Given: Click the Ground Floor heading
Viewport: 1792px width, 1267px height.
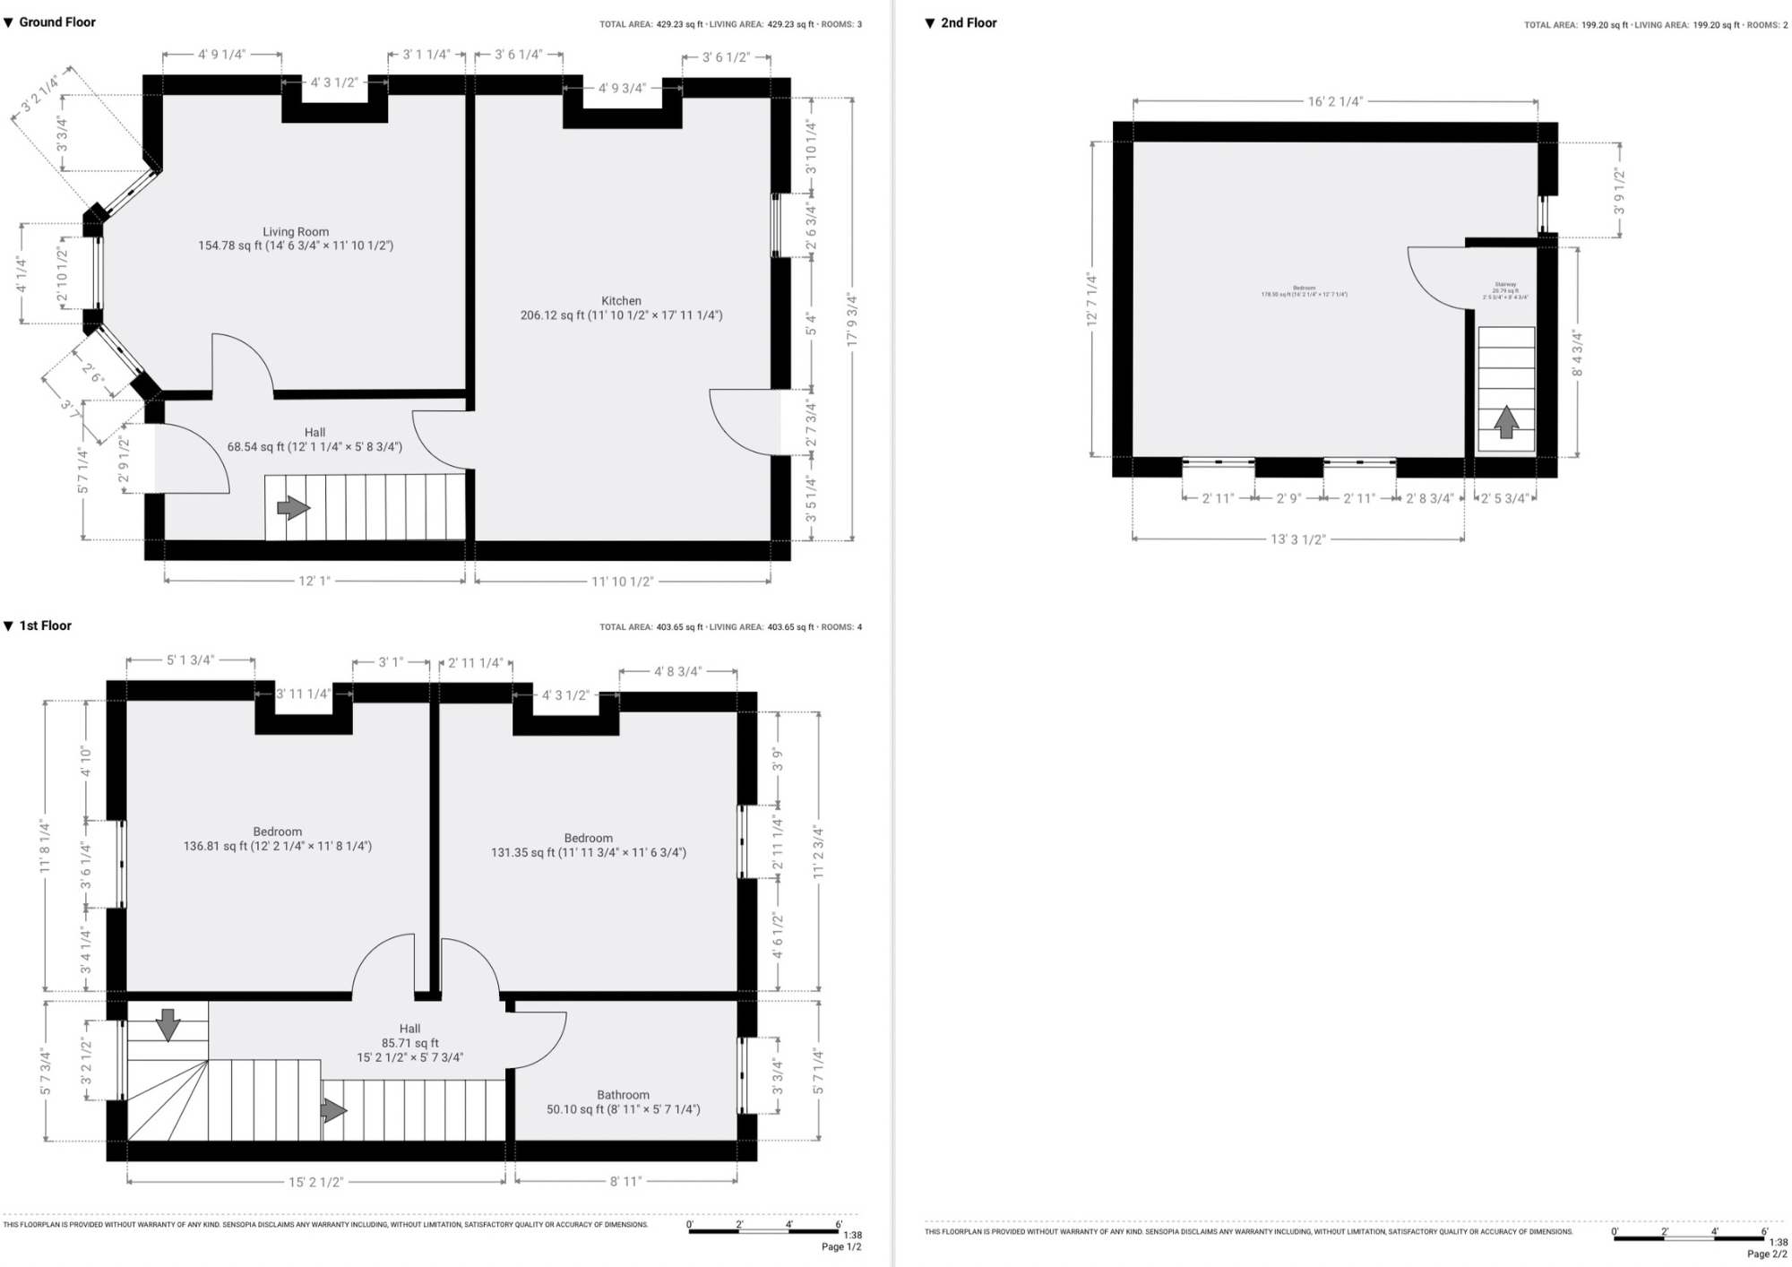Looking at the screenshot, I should click(56, 22).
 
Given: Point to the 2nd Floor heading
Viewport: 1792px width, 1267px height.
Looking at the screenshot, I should click(968, 22).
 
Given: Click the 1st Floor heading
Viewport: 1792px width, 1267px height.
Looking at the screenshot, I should click(45, 625).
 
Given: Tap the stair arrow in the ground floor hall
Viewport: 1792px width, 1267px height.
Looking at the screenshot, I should click(293, 508).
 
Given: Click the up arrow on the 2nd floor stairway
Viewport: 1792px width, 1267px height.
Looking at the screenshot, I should click(1506, 422).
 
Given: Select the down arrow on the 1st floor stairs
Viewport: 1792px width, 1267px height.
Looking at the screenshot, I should click(168, 1024).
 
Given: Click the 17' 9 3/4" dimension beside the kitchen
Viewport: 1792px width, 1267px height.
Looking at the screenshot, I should click(852, 319).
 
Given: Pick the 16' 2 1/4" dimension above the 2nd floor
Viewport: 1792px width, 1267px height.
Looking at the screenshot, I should click(1335, 101).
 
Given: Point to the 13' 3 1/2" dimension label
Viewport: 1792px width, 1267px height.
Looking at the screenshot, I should click(1297, 539).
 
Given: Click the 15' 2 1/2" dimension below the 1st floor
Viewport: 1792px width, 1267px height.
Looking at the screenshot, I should click(315, 1182).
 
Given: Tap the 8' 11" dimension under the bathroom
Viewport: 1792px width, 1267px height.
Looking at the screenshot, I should click(625, 1182).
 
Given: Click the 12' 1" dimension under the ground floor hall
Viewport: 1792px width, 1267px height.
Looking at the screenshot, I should click(314, 581).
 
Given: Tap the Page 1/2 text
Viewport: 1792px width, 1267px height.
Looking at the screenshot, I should click(841, 1246).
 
